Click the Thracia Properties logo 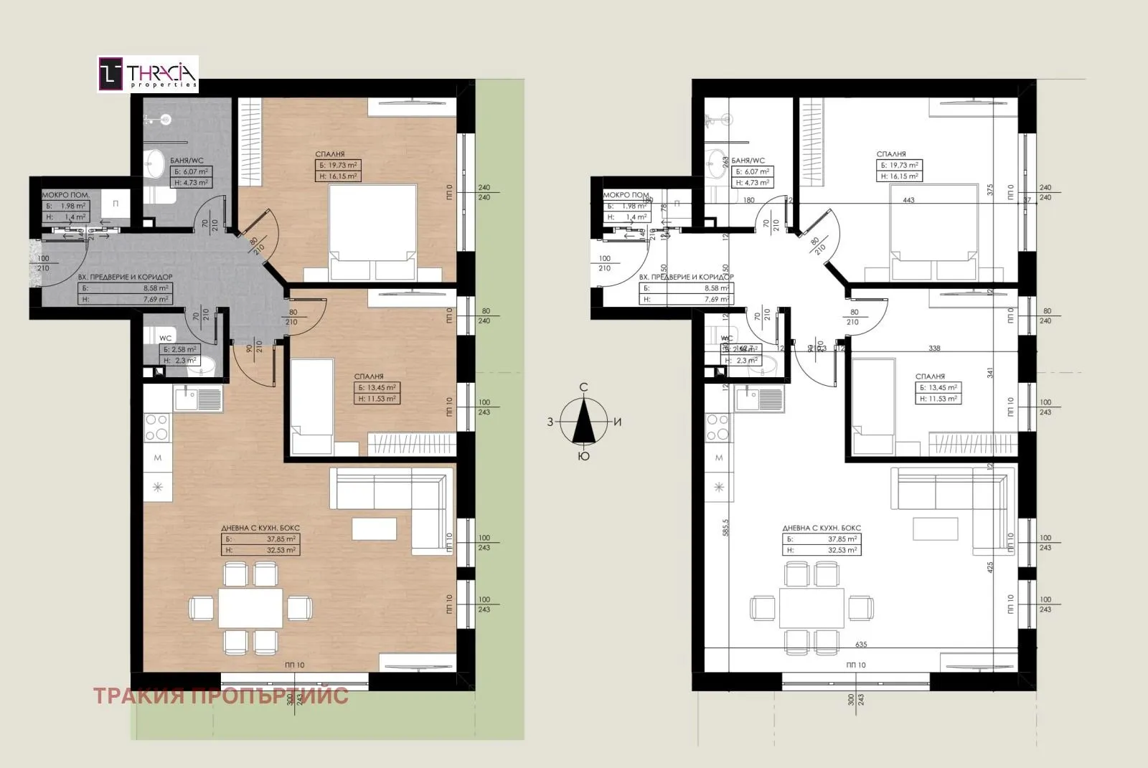148,75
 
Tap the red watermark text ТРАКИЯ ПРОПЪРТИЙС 220,695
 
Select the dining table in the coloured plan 250,609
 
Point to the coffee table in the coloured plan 374,528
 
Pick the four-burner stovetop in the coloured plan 158,428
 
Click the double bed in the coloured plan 372,232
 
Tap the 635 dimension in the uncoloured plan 862,644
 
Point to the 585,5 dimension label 725,528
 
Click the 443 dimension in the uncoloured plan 909,201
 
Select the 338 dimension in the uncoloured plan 934,349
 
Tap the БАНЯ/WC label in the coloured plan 186,161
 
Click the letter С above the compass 584,387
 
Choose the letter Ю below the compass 584,456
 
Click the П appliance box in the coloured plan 116,204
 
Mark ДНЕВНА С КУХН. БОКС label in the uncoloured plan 822,528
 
